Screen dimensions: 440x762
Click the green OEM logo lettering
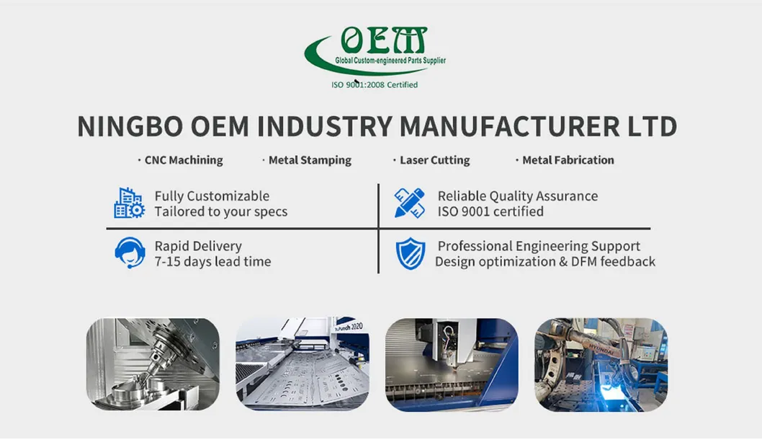pos(383,40)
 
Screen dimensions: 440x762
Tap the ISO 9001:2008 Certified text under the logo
pos(375,84)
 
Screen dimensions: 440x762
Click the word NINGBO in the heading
pos(130,126)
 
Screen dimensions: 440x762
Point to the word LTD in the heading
pos(649,126)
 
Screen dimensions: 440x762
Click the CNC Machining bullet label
pos(183,160)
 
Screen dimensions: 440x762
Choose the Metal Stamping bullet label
pos(310,160)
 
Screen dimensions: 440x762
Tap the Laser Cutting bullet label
pos(434,160)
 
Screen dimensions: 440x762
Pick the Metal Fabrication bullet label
pos(568,160)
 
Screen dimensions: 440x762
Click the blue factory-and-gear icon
pos(129,203)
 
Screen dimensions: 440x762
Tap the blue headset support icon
pos(130,253)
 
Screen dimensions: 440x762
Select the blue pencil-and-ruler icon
pos(410,203)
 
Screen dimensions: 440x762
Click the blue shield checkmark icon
pos(411,254)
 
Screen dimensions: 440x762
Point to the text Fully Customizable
pos(212,196)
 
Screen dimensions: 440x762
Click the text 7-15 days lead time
pos(212,262)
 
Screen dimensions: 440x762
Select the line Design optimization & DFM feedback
pos(544,262)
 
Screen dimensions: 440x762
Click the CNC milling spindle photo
pos(152,364)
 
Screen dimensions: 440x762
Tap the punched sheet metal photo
pos(302,364)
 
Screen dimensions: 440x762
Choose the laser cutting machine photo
pos(451,364)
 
